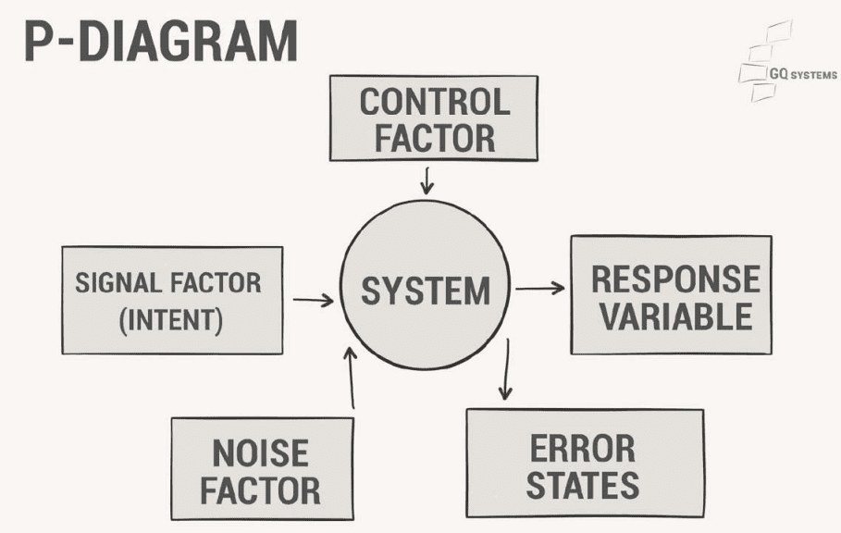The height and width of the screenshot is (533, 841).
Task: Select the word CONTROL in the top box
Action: coord(434,102)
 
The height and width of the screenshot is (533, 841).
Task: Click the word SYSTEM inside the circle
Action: coord(426,291)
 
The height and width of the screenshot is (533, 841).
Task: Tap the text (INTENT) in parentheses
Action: coord(171,320)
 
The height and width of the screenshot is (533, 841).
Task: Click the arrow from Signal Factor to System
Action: coord(313,300)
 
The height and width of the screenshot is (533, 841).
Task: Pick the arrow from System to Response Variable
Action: coord(539,289)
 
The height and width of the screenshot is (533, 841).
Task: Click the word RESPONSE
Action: coord(675,279)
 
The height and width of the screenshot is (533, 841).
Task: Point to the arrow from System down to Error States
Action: coord(505,370)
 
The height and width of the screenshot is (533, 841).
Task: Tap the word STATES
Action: coord(584,485)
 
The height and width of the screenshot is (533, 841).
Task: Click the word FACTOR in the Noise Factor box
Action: coord(260,490)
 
